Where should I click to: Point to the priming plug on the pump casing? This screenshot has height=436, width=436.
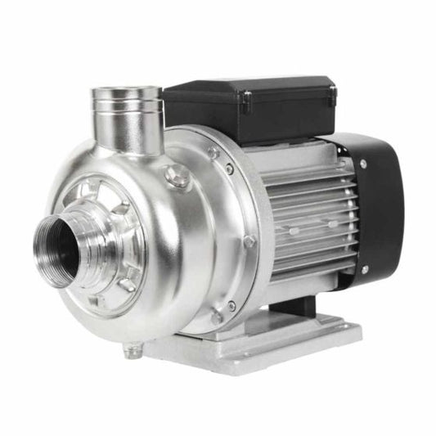tap(177, 176)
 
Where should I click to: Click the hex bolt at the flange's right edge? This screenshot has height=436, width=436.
tap(249, 241)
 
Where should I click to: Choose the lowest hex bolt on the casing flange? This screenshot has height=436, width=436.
tap(216, 315)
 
